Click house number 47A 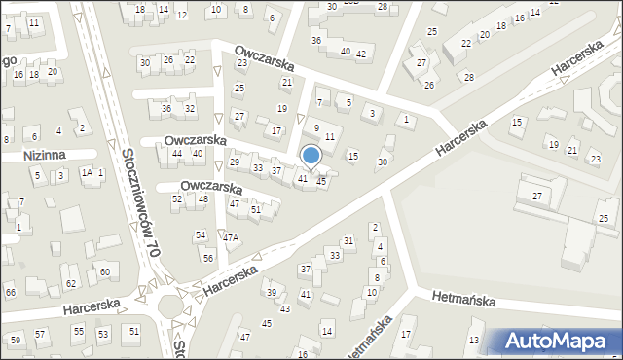(230, 237)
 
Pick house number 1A (86, 172)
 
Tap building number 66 (10, 292)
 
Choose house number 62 (70, 283)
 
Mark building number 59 (15, 340)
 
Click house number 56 (208, 257)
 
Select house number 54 (200, 235)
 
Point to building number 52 (177, 198)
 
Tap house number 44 (176, 154)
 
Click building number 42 (360, 54)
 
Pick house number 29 (235, 162)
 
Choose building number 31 (348, 240)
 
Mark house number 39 (272, 293)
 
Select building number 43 (285, 308)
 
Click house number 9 (316, 127)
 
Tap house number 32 (190, 108)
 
